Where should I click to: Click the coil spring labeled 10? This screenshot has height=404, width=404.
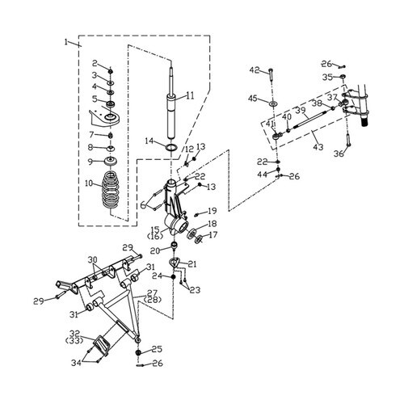point(111,190)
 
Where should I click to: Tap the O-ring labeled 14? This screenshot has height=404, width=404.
point(171,148)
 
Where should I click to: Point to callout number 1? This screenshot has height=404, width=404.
point(66,42)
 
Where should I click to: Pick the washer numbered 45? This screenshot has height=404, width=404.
point(273,103)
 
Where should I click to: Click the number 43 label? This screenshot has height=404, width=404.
point(318,147)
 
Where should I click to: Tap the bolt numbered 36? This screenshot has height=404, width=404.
point(347,140)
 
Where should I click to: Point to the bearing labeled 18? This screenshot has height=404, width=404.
point(191,234)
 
